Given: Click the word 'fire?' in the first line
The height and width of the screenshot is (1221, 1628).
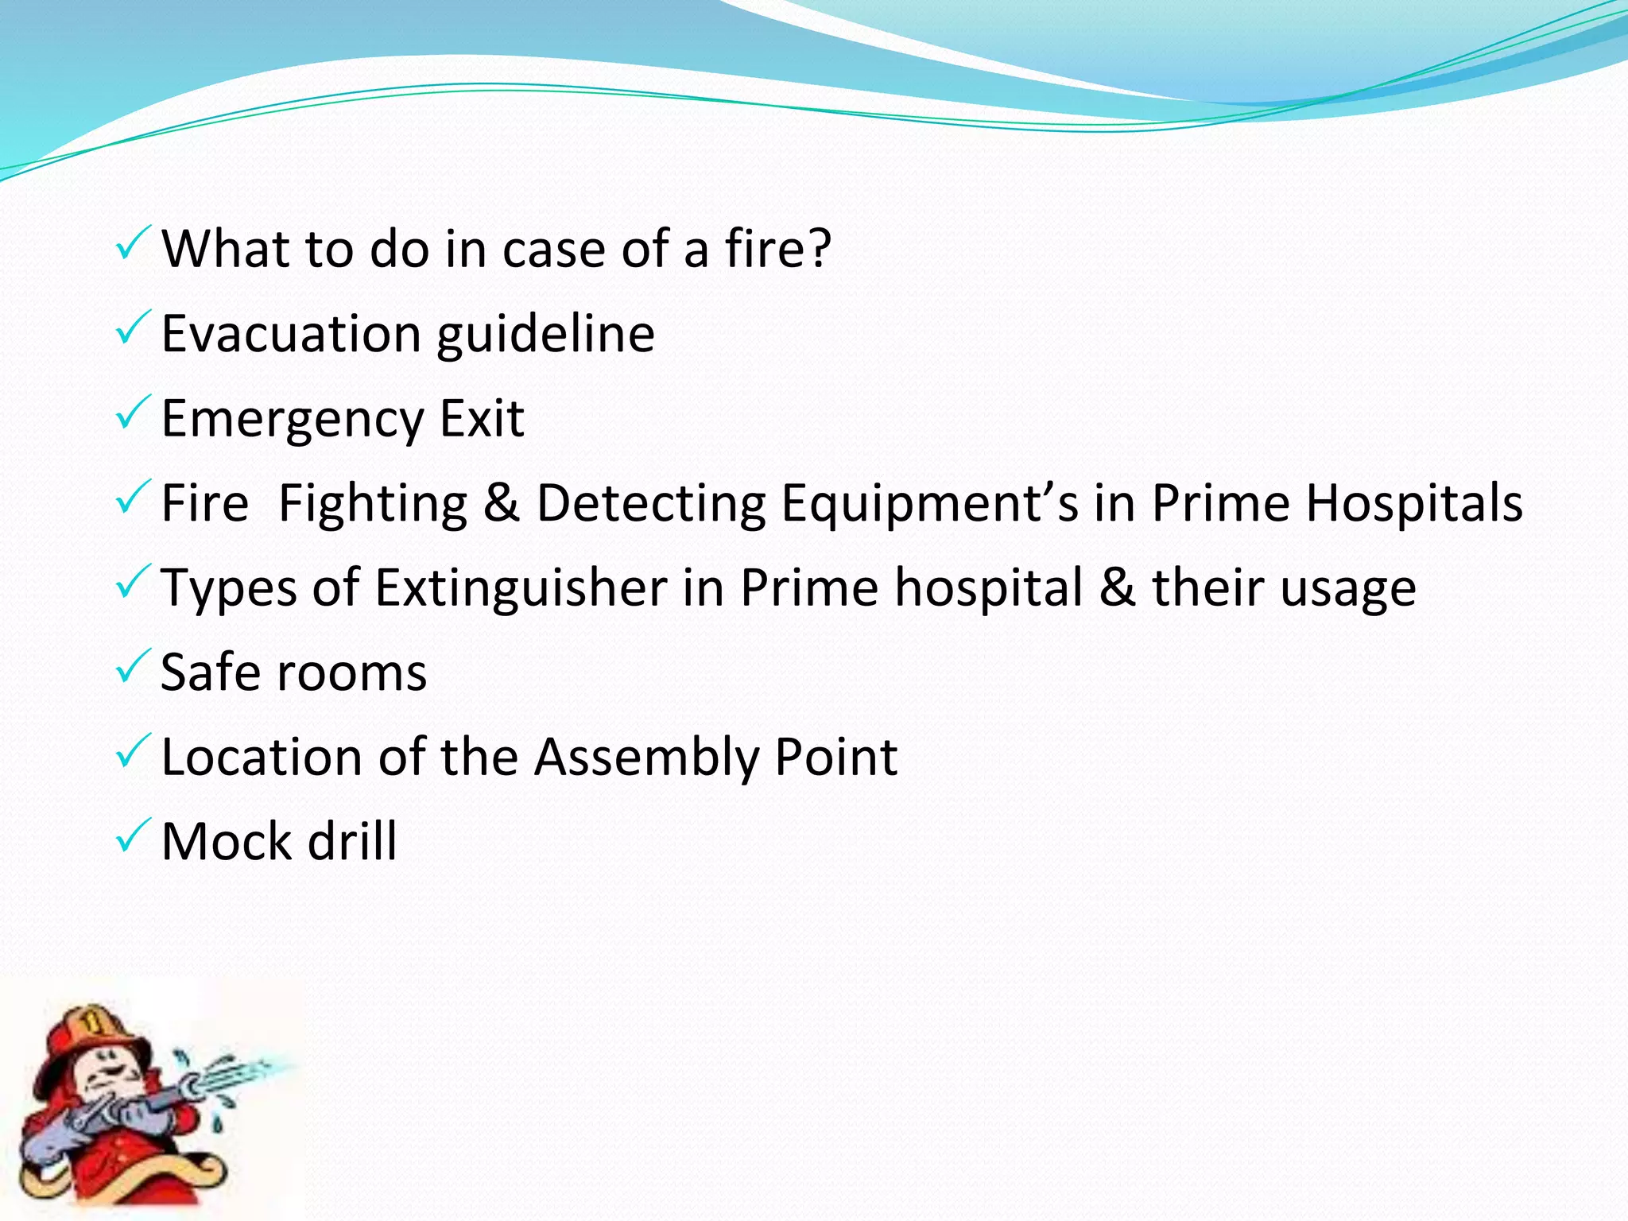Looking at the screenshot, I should (777, 248).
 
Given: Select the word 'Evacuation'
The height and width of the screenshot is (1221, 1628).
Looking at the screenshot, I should (291, 333).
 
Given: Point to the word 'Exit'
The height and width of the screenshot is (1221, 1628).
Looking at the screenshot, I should (483, 418).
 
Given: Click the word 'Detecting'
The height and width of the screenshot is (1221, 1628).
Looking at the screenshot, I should (651, 503).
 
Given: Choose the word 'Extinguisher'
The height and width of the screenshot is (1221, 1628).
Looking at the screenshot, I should (521, 588).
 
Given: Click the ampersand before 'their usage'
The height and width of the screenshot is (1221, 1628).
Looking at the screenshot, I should (1118, 588).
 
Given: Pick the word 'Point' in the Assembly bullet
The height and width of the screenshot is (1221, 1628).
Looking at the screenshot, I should (836, 757).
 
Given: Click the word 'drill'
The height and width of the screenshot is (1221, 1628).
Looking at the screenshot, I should (352, 841).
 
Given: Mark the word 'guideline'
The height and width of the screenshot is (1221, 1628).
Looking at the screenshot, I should (545, 333).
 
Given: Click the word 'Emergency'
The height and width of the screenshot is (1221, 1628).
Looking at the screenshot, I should (293, 420).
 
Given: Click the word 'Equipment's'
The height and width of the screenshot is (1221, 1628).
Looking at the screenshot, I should (929, 505).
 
